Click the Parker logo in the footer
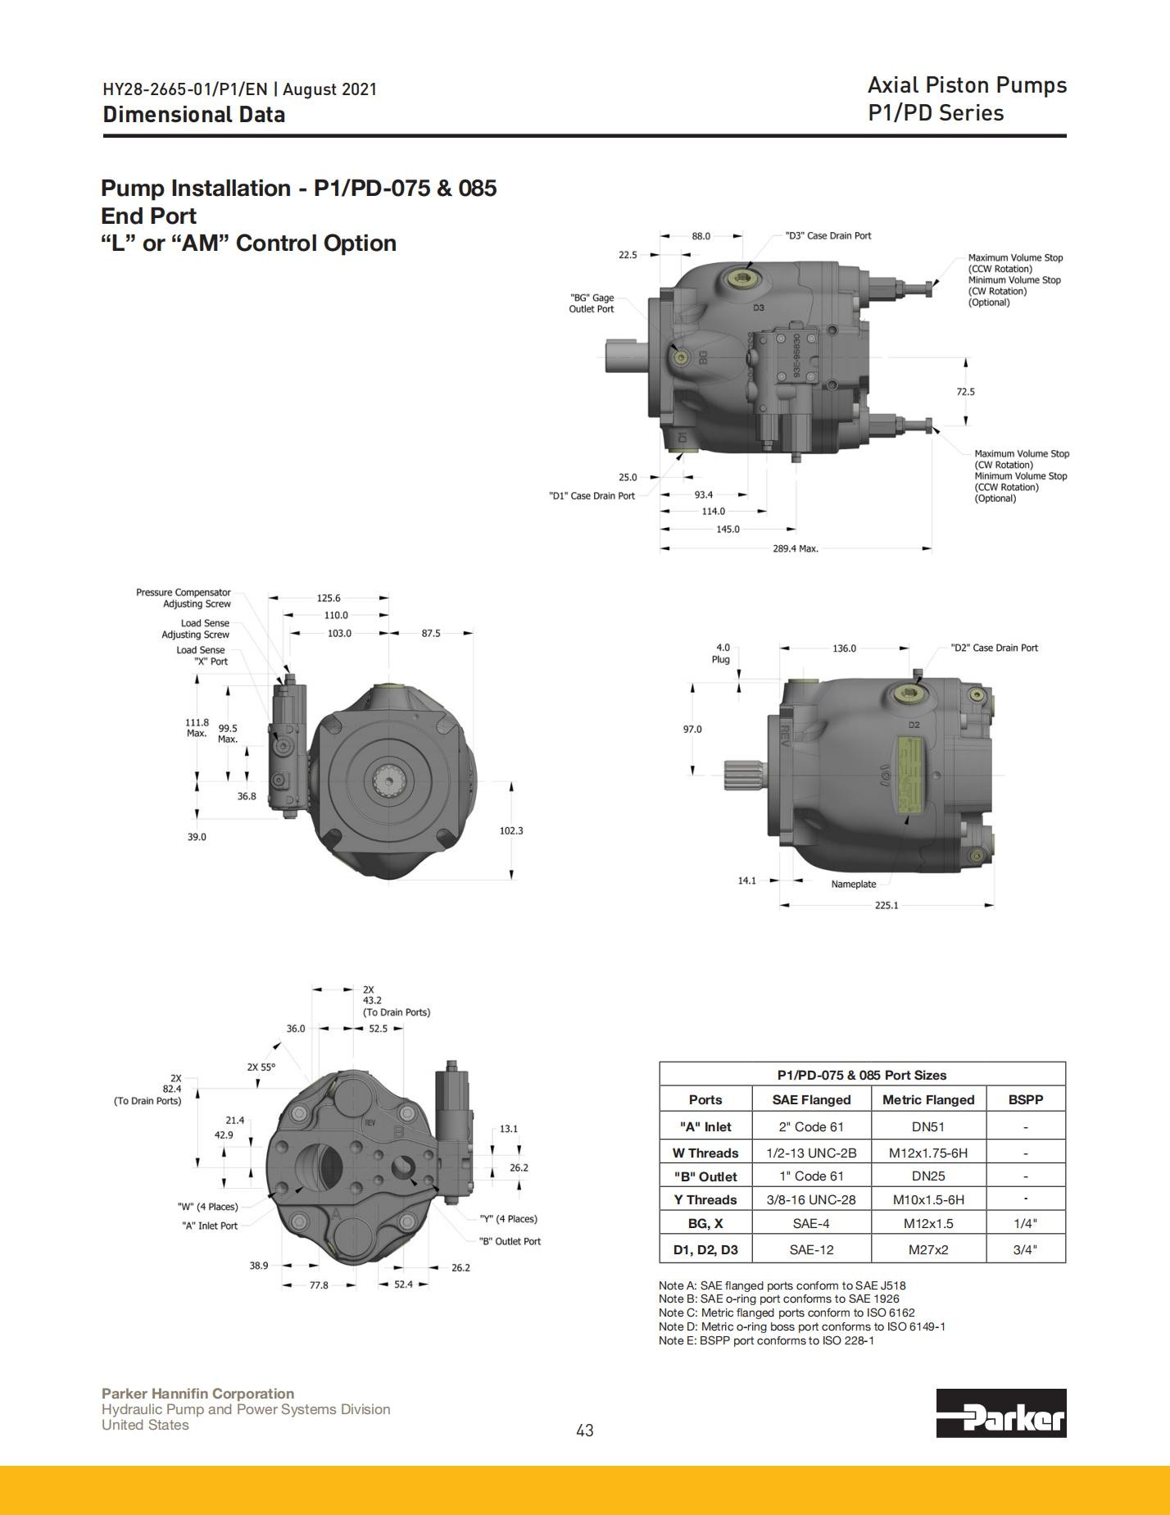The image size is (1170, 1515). pos(1001,1413)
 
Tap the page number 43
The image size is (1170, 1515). pos(585,1431)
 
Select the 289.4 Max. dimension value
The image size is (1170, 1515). pos(796,548)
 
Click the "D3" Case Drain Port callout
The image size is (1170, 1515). pos(828,236)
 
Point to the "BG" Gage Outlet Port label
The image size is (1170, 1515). pos(592,303)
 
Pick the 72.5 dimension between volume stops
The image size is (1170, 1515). pos(966,392)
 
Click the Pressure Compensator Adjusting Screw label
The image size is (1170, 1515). pos(184,598)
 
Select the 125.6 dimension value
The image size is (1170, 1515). pos(329,598)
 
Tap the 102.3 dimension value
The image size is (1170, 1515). pos(511,830)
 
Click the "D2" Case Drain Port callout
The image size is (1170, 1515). pos(995,648)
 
